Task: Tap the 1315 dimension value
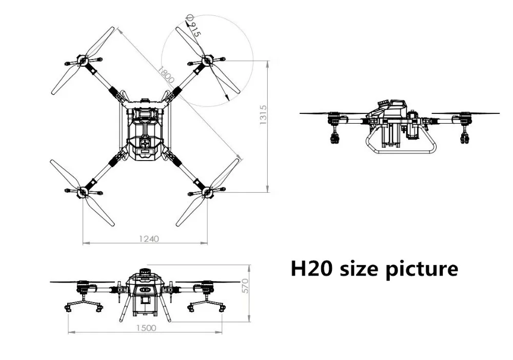pos(263,117)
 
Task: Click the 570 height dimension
pos(245,286)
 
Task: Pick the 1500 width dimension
pos(146,329)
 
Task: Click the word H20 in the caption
pos(310,269)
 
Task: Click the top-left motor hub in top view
pos(83,61)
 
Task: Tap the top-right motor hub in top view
pos(207,61)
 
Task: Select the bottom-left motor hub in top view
pos(83,192)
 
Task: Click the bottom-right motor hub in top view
pos(207,192)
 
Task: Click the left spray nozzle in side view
pos(336,136)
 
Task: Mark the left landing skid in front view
pos(82,306)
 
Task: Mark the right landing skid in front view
pos(207,306)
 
